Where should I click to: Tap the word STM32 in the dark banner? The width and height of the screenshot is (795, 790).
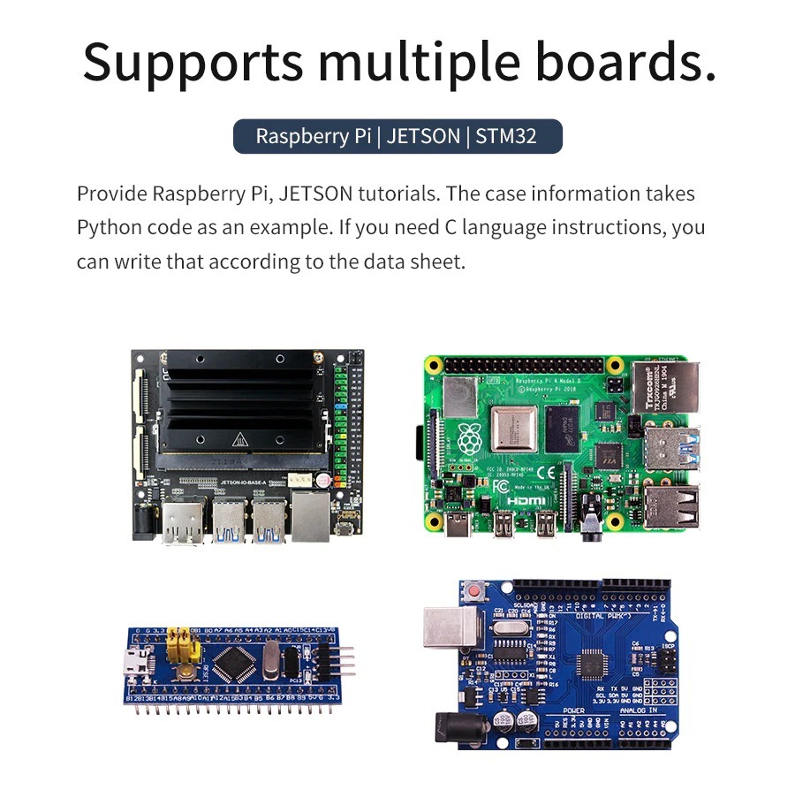506,136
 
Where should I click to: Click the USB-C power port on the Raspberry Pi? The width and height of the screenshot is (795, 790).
461,525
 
